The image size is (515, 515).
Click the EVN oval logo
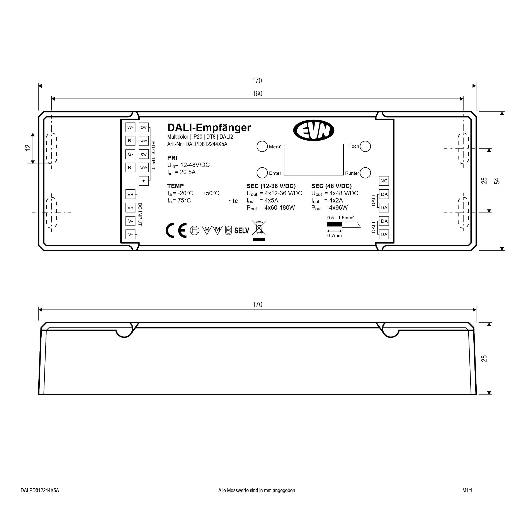(x=314, y=130)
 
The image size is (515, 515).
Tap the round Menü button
(x=262, y=146)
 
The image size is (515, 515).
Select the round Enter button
(x=262, y=173)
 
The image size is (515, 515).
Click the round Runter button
(x=365, y=173)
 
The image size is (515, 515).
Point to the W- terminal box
(x=130, y=127)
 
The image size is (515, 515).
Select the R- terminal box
(x=130, y=167)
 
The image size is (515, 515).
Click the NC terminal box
(x=384, y=181)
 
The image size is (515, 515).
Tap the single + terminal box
(x=144, y=181)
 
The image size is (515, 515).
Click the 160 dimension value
(x=257, y=93)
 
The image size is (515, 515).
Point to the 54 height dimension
(x=497, y=181)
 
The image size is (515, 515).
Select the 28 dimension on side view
(x=484, y=358)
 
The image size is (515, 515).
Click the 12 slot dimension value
(x=28, y=148)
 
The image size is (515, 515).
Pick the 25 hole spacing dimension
(x=484, y=180)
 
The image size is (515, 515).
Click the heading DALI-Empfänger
(x=209, y=128)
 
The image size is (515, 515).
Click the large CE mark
(x=176, y=230)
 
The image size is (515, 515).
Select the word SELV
(x=241, y=231)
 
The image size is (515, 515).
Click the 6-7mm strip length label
(x=334, y=236)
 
